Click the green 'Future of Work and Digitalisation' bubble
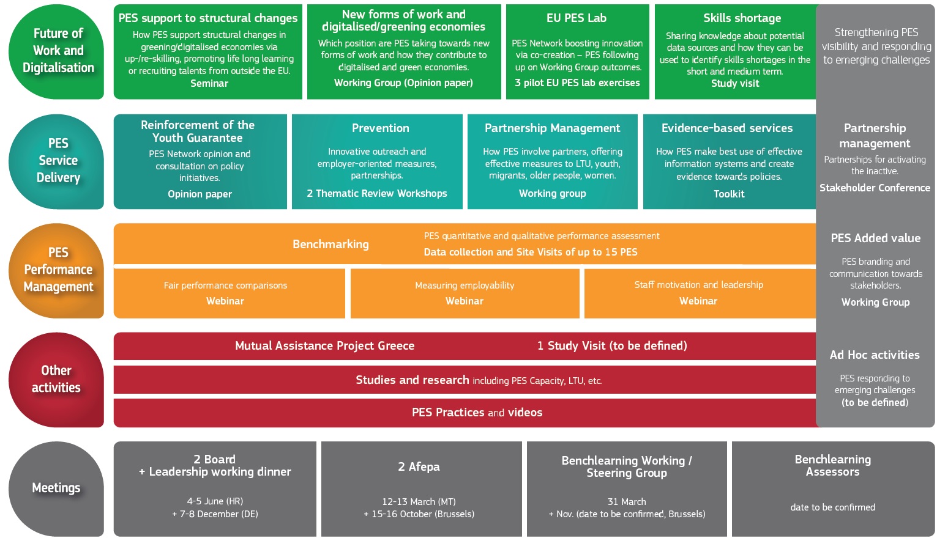pos(56,51)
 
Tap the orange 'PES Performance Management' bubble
pos(56,271)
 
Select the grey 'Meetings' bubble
pos(56,488)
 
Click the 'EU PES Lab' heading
pos(576,18)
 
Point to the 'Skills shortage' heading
pos(742,18)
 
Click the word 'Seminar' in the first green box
pos(209,83)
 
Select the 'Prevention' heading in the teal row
pos(380,128)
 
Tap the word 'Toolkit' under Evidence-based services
pos(729,194)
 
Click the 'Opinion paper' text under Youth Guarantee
pos(200,194)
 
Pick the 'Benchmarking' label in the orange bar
pos(330,245)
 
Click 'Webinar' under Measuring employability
pos(465,301)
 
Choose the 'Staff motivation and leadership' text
pos(698,285)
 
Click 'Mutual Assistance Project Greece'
pos(324,346)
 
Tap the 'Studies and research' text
pos(412,380)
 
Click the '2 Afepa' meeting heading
pos(419,466)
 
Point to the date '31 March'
pos(626,502)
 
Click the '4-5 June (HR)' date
pos(215,501)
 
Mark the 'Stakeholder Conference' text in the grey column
pos(875,188)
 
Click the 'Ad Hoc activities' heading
pos(875,355)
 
